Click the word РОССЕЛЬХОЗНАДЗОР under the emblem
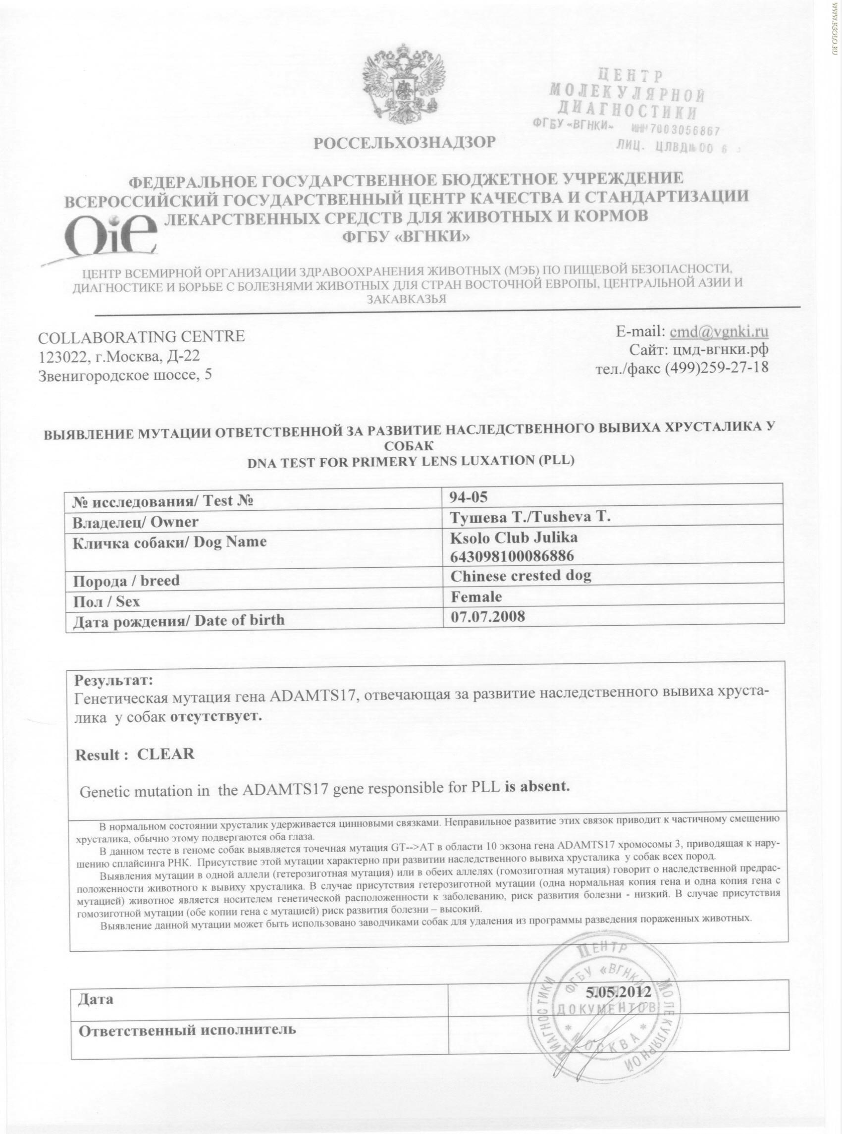[x=404, y=143]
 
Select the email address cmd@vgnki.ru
[x=719, y=332]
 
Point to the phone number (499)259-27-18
[x=716, y=368]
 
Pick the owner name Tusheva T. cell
[x=530, y=517]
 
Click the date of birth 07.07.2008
[x=488, y=616]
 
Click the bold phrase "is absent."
[x=536, y=786]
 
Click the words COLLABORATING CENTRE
[x=142, y=336]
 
